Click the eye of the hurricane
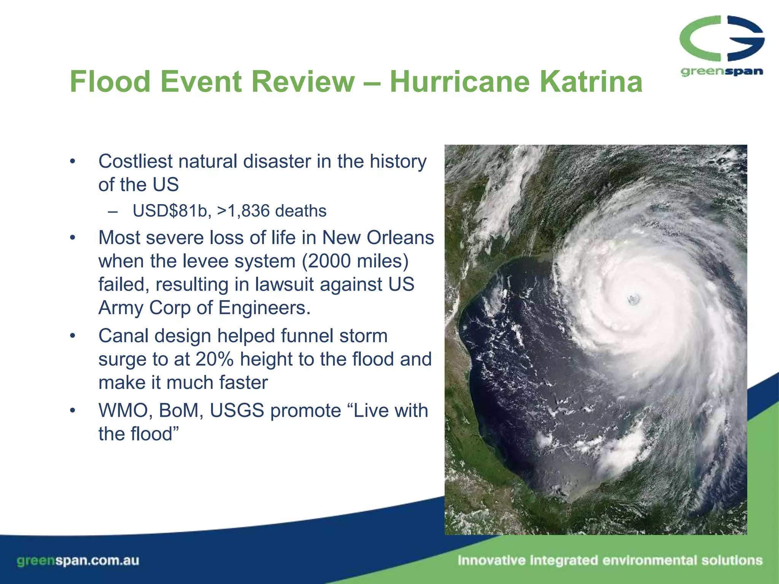tap(633, 300)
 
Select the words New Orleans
tap(378, 238)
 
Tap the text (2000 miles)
tap(355, 262)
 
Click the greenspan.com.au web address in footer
tap(78, 560)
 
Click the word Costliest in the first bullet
tap(136, 162)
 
